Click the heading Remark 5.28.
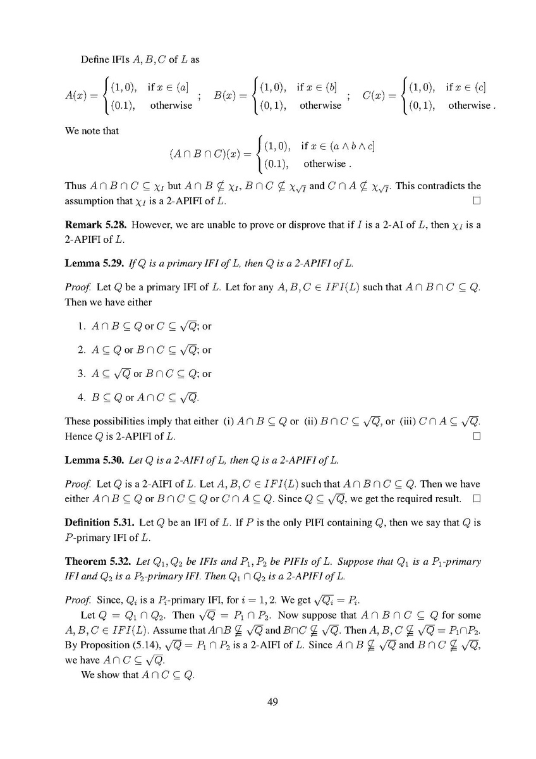coord(96,226)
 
